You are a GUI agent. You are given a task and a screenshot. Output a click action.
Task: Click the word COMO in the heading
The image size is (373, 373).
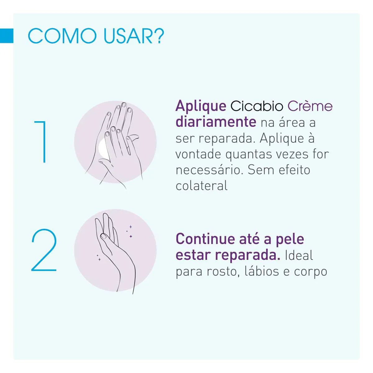pyautogui.click(x=62, y=36)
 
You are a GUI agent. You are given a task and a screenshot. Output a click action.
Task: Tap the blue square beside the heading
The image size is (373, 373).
pyautogui.click(x=7, y=36)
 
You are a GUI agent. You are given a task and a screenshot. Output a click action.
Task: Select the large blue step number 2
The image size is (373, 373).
pyautogui.click(x=44, y=250)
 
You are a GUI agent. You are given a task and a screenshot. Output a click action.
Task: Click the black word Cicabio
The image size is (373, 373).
pyautogui.click(x=257, y=106)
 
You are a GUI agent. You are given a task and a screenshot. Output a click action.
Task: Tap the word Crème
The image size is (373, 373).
pyautogui.click(x=310, y=106)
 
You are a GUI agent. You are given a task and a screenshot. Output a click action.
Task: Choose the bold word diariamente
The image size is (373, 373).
pyautogui.click(x=216, y=122)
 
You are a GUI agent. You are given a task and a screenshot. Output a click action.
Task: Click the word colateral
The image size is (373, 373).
pyautogui.click(x=201, y=186)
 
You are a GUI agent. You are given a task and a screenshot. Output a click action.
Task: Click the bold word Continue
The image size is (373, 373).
pyautogui.click(x=206, y=239)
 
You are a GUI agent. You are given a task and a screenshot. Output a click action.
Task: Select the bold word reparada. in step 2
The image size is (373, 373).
pyautogui.click(x=247, y=256)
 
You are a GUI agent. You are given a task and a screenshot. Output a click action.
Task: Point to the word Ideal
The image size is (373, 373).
pyautogui.click(x=299, y=255)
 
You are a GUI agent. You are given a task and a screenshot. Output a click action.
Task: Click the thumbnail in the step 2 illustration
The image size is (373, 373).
pyautogui.click(x=104, y=236)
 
